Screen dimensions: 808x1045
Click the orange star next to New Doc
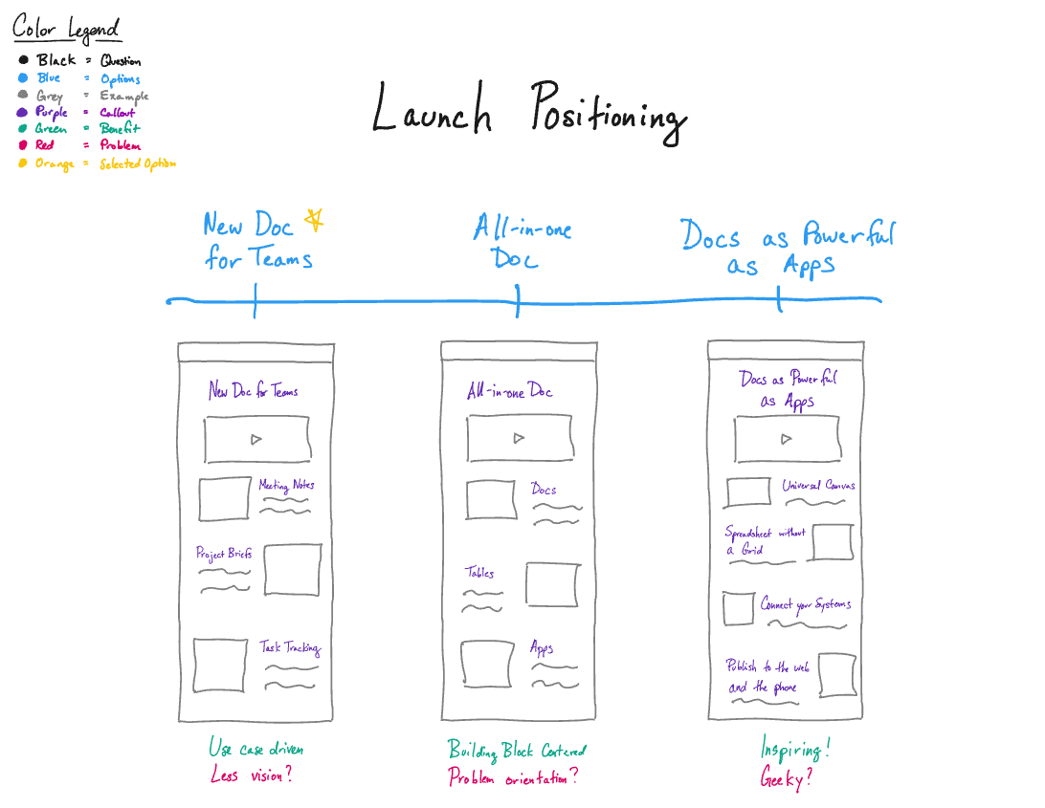coord(313,222)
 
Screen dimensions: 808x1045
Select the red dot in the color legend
coord(23,145)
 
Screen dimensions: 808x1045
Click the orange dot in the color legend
coord(23,164)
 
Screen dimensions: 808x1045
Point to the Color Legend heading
coord(66,29)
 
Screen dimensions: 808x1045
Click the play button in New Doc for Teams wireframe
coord(256,439)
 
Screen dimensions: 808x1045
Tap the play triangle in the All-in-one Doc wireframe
coord(519,438)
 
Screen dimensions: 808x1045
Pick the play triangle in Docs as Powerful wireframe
coord(786,439)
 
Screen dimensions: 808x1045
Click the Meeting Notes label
coord(286,485)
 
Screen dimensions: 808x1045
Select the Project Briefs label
coord(224,553)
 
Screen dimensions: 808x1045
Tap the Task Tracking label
coord(290,647)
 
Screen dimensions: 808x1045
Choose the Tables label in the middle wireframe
coord(480,573)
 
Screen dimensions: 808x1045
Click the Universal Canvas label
coord(818,486)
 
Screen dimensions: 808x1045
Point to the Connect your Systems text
coord(805,604)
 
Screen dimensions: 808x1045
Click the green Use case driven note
coord(256,749)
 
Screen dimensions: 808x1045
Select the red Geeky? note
coord(786,778)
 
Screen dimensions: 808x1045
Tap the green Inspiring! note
coord(794,749)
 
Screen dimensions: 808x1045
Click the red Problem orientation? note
coord(513,777)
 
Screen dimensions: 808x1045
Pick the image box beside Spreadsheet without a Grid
coord(832,542)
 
